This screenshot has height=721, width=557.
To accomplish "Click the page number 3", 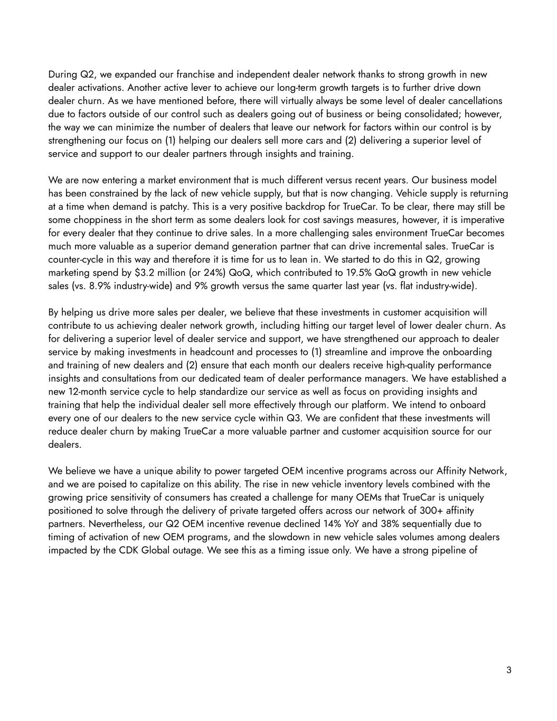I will [508, 670].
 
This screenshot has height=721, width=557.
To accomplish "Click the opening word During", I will [62, 74].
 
